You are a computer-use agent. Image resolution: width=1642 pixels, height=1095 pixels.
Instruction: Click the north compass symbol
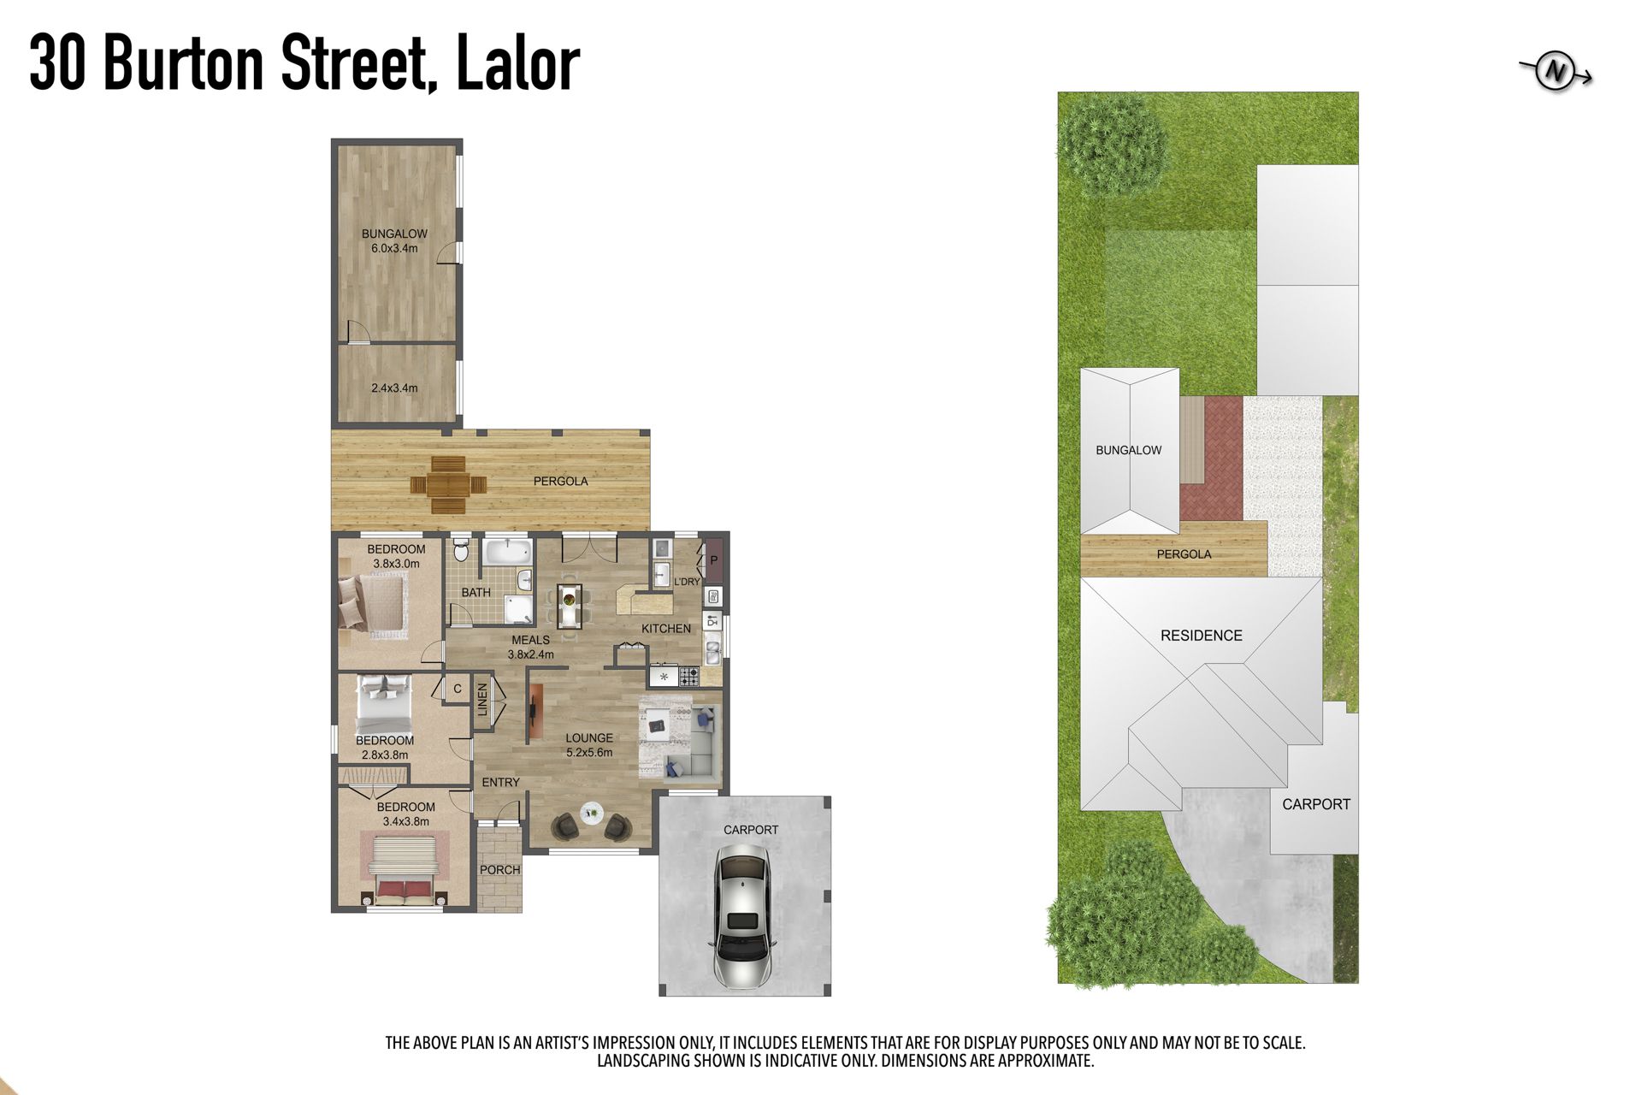click(1556, 73)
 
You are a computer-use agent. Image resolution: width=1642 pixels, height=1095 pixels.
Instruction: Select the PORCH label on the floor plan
click(500, 870)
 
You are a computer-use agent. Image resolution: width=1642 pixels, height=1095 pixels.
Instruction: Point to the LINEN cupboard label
click(482, 700)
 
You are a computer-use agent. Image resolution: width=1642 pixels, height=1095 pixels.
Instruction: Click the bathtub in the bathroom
click(507, 552)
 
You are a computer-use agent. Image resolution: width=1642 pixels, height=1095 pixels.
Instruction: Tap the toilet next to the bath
click(461, 549)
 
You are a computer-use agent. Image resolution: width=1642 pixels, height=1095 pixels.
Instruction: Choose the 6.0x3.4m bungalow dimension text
click(394, 249)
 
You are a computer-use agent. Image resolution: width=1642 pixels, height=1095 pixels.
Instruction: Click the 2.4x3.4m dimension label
click(394, 388)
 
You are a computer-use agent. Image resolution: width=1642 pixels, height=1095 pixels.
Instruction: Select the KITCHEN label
click(666, 629)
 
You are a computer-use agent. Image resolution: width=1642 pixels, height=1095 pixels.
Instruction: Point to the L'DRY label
click(687, 582)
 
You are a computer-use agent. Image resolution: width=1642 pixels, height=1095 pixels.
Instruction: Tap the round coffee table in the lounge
click(591, 813)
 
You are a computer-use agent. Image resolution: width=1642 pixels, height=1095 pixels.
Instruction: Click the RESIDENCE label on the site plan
click(1202, 636)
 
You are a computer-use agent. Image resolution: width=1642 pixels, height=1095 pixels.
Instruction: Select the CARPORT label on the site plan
click(1316, 804)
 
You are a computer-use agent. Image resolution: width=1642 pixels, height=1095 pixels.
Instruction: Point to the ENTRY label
click(500, 783)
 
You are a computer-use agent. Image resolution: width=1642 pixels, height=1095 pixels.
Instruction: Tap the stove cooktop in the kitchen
click(688, 677)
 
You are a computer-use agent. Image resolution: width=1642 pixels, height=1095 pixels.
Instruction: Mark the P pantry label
click(714, 561)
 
